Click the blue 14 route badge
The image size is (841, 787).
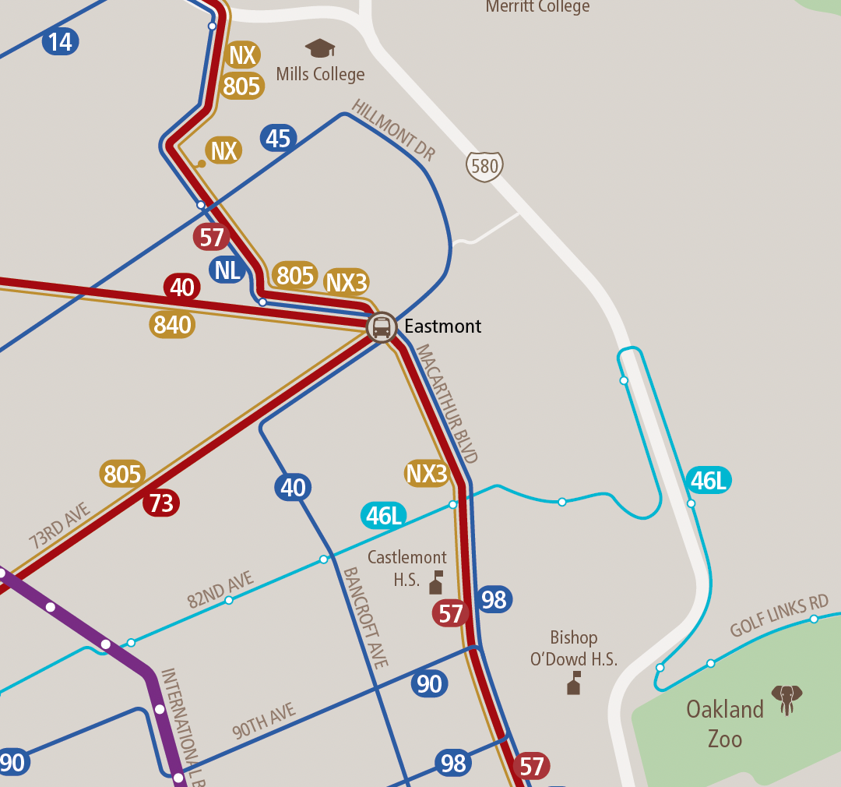click(60, 41)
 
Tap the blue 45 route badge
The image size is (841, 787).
click(278, 139)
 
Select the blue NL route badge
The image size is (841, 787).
click(227, 270)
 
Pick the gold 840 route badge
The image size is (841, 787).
click(172, 324)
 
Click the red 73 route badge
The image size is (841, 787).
click(161, 503)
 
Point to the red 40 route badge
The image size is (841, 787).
click(181, 288)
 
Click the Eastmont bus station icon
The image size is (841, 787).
click(382, 326)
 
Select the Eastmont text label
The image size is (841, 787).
click(442, 326)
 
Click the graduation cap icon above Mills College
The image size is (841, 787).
click(320, 48)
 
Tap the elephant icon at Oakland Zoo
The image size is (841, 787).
click(786, 699)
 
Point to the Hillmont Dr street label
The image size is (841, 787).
click(392, 130)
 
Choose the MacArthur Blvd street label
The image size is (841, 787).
click(446, 404)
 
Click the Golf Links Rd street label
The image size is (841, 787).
click(779, 616)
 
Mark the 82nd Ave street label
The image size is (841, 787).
click(220, 590)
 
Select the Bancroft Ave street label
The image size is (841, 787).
click(365, 617)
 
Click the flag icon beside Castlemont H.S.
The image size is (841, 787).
click(436, 582)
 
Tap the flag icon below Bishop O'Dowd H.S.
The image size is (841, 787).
click(574, 683)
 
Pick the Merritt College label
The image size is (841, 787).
click(537, 7)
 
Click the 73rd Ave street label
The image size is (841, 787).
click(60, 526)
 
